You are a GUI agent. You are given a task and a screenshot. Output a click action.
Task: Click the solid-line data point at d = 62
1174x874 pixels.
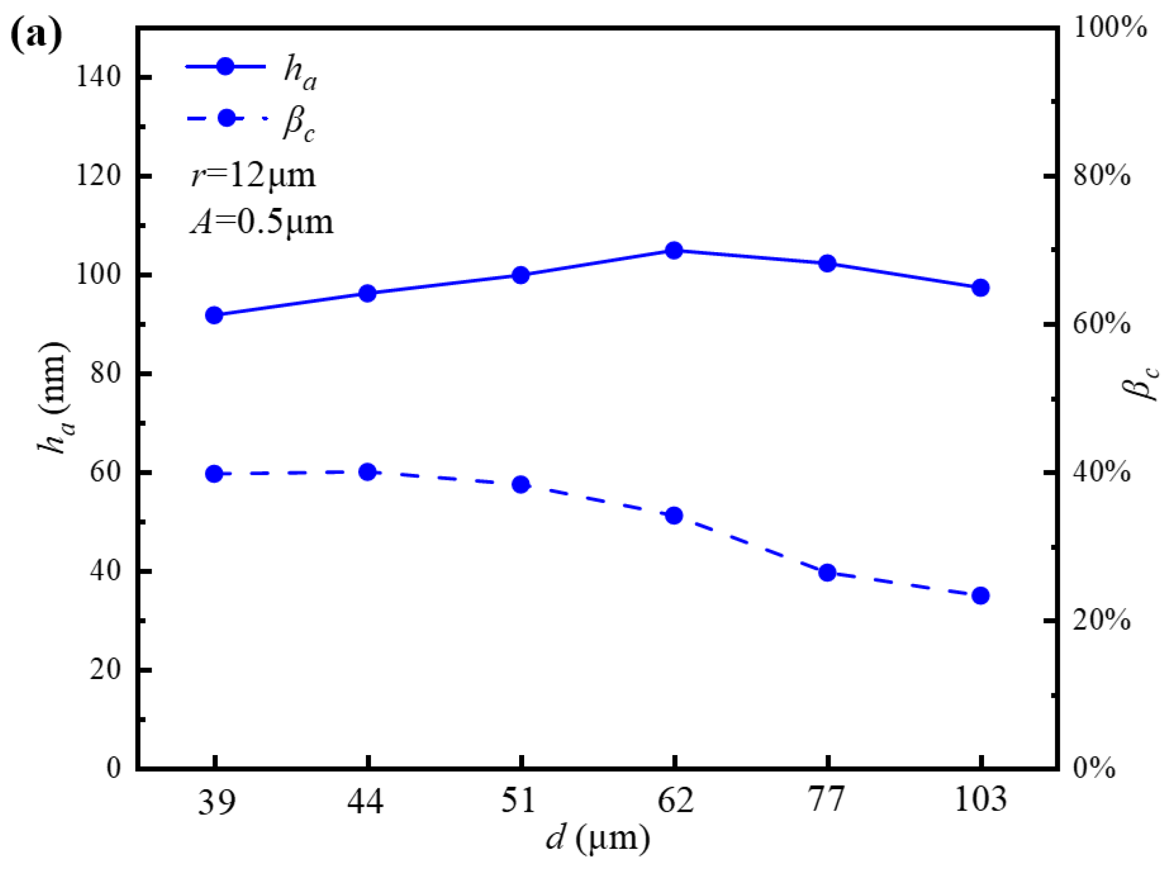point(674,250)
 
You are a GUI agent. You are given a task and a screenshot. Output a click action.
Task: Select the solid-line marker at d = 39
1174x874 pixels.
point(214,315)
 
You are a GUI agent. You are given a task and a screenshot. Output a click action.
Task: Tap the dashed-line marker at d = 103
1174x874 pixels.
point(981,596)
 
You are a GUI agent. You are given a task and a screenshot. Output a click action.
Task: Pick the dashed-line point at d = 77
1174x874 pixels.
point(827,572)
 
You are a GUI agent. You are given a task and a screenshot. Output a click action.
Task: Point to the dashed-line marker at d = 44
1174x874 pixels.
point(368,472)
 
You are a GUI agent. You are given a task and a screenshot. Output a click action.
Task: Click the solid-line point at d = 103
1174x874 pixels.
point(981,288)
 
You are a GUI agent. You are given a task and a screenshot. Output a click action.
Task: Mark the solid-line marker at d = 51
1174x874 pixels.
point(521,275)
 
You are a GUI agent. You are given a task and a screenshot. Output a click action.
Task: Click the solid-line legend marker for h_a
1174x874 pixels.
point(225,67)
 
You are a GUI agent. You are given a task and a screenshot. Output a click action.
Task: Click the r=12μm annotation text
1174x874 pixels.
point(253,175)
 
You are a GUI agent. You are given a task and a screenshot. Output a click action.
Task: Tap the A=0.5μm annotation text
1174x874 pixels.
point(262,222)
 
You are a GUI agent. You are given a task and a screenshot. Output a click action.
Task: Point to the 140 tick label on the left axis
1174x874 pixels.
point(99,77)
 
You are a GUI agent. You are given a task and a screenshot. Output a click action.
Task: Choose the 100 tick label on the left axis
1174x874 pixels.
point(99,275)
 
